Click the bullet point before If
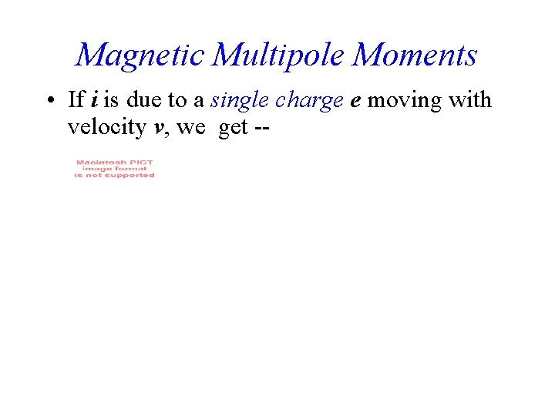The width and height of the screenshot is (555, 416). pyautogui.click(x=49, y=101)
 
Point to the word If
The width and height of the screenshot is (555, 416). pyautogui.click(x=76, y=100)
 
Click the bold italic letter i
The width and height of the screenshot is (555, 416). pyautogui.click(x=93, y=100)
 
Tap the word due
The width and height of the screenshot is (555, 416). pyautogui.click(x=147, y=100)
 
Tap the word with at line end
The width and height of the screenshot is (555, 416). pyautogui.click(x=470, y=100)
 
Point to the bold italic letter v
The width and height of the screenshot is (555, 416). pyautogui.click(x=160, y=128)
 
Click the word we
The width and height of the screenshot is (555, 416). pyautogui.click(x=191, y=128)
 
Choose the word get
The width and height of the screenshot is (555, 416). pyautogui.click(x=233, y=128)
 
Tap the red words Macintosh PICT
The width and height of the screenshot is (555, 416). pyautogui.click(x=114, y=163)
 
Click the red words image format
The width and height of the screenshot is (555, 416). pyautogui.click(x=114, y=169)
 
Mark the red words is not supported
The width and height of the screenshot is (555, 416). pyautogui.click(x=114, y=176)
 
